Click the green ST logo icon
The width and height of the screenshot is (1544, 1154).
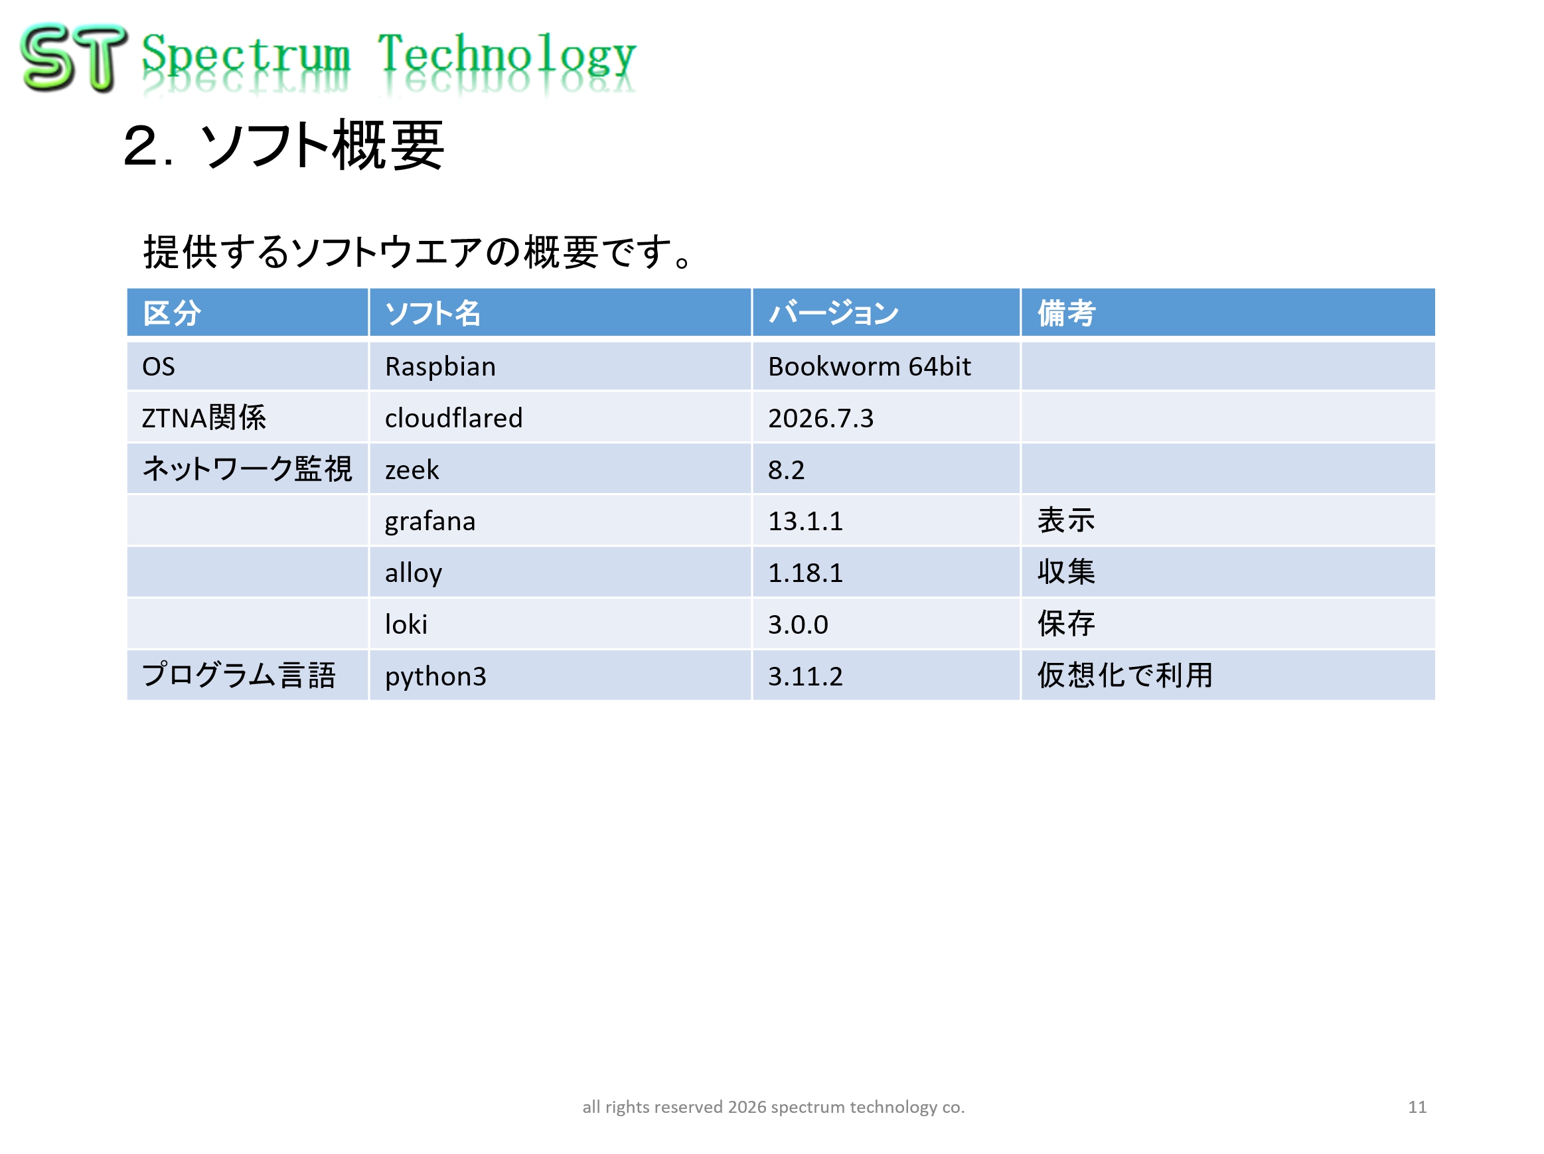[73, 57]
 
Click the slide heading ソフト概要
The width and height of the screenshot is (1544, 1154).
[323, 145]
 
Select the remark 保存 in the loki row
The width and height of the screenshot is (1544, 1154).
[1066, 624]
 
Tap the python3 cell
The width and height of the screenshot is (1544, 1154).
[435, 676]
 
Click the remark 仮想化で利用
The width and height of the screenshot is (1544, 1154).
[1124, 676]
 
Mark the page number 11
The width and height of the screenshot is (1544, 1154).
[1417, 1108]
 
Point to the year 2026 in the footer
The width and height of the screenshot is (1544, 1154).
[747, 1108]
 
